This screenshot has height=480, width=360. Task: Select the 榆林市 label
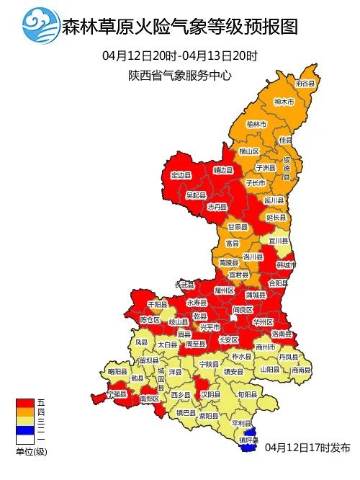[x=256, y=125]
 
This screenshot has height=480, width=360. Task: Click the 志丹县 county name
[x=217, y=206]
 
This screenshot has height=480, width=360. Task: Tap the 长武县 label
[x=185, y=285]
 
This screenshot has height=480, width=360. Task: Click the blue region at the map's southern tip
[x=248, y=448]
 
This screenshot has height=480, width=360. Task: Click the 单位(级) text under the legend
[x=31, y=451]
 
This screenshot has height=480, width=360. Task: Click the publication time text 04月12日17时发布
[x=307, y=448]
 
